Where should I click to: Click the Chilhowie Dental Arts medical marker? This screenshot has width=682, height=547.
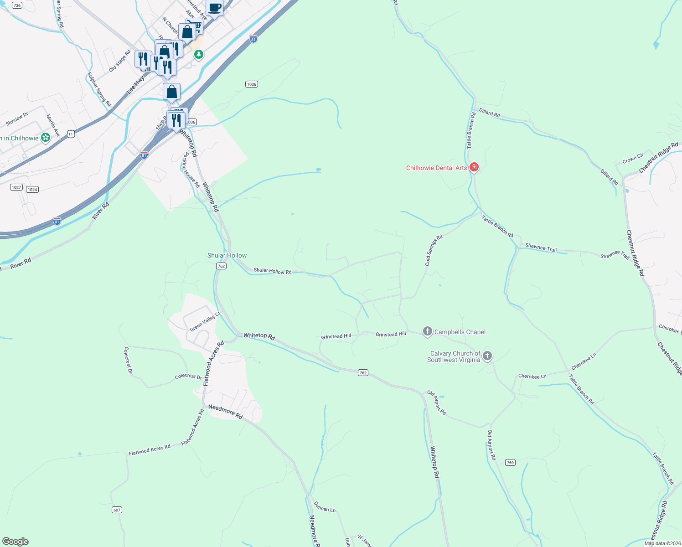[474, 168]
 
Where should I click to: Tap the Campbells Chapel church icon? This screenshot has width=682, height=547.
[427, 331]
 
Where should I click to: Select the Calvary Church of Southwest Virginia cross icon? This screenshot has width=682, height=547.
[487, 356]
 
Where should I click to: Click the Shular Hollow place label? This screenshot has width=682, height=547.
[227, 255]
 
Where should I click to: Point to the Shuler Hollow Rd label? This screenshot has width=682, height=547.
[272, 271]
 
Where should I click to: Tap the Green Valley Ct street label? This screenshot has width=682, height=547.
[205, 321]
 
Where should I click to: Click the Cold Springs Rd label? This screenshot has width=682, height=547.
[434, 250]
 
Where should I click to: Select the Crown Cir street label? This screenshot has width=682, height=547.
[633, 159]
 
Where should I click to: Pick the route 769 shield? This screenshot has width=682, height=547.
[510, 462]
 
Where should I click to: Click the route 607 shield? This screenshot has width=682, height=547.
[117, 510]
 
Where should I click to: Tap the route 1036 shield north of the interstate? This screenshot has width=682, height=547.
[251, 84]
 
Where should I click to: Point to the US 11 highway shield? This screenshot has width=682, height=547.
[70, 134]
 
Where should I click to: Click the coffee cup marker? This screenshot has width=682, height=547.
[214, 8]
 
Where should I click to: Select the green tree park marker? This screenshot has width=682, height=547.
[198, 55]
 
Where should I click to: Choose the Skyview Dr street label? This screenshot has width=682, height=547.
[17, 119]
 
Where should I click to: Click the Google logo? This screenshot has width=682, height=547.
[15, 541]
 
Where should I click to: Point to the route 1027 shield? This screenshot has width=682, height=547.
[16, 187]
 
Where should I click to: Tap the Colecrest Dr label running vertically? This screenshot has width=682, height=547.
[128, 360]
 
